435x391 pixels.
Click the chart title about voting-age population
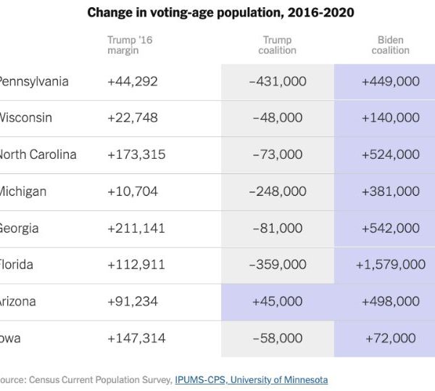(220, 13)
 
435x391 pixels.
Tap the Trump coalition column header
(277, 45)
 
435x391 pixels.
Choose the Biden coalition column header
(390, 45)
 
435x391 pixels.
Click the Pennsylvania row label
(33, 81)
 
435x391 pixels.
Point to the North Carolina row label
(38, 155)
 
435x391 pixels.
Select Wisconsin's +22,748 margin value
(133, 118)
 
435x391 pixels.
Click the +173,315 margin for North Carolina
(136, 155)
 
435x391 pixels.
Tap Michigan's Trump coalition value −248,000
(278, 192)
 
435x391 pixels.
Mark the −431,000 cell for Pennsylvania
(278, 81)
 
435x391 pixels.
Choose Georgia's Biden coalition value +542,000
(390, 228)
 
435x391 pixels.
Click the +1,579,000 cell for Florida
(390, 265)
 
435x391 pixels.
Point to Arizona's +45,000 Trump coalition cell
(278, 301)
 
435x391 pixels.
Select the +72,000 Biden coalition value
(390, 338)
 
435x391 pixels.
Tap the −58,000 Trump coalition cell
(278, 338)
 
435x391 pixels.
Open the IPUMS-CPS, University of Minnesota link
(251, 379)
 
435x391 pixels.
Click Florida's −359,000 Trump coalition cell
(278, 265)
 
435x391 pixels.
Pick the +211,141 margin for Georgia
(136, 228)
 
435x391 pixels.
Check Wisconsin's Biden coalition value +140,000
(390, 118)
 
